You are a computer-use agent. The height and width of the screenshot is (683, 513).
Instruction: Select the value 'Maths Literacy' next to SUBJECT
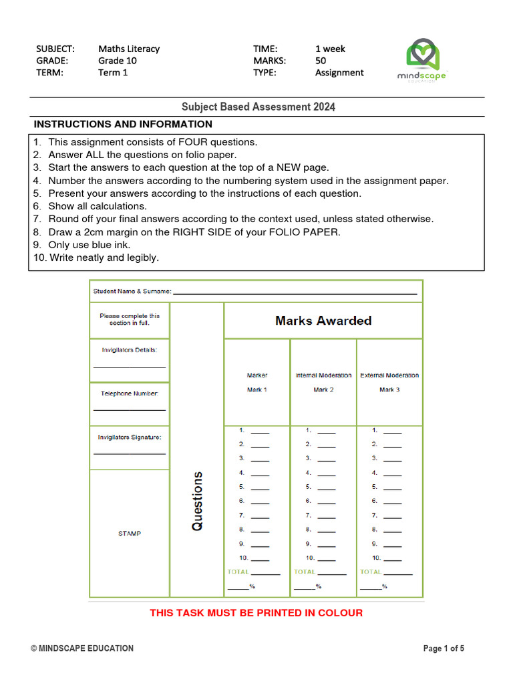129,49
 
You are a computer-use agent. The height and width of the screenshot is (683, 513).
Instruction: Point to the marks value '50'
321,61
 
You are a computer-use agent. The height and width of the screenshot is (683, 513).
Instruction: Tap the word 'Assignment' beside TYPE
339,73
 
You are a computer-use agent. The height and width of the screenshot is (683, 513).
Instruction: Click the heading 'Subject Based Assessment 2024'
259,107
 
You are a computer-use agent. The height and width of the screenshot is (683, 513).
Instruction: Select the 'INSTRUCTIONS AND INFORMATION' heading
123,124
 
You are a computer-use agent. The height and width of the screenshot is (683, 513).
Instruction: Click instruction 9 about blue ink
89,245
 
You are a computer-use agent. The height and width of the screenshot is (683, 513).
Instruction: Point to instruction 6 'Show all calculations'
97,206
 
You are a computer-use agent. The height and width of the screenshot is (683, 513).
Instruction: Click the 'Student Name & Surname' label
132,291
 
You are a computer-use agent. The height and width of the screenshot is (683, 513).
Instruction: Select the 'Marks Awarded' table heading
323,321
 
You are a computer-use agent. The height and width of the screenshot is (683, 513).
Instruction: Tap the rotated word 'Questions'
197,501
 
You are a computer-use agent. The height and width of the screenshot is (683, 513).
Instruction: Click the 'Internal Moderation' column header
323,376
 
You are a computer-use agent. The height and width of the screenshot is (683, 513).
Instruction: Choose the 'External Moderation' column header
389,376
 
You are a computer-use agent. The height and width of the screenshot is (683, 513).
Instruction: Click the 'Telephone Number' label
130,394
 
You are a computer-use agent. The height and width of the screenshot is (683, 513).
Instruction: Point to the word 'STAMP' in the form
130,534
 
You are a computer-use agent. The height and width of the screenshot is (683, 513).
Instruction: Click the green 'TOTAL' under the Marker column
238,572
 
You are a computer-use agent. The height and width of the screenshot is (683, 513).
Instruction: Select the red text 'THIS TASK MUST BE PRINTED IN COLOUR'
256,613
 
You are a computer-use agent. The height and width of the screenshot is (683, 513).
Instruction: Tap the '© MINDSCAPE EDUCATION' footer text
82,648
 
